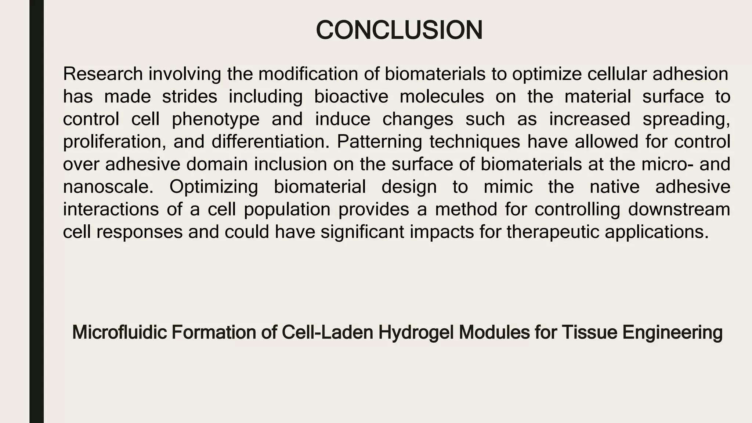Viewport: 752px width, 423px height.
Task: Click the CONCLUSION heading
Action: (x=399, y=30)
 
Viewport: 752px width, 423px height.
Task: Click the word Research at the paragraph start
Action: (x=103, y=74)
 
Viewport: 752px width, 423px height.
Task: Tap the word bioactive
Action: (x=351, y=97)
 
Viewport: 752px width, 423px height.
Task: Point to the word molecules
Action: (x=442, y=97)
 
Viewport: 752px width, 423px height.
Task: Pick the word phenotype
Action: (x=216, y=119)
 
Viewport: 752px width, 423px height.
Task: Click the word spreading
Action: (x=686, y=119)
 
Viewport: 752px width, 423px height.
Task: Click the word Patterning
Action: (x=379, y=142)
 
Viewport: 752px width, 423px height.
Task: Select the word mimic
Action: (x=508, y=187)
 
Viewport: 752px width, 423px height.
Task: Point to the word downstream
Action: (x=679, y=210)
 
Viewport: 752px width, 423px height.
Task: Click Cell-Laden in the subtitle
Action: (x=328, y=332)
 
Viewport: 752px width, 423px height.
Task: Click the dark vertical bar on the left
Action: (x=36, y=211)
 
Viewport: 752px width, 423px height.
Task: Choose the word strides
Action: (x=189, y=97)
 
